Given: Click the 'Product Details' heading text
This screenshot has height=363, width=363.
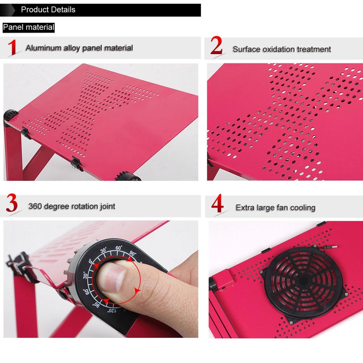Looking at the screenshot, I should click(48, 10).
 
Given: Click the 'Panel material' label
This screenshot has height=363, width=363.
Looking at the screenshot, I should click(28, 27).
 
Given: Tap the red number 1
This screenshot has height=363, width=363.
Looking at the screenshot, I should click(12, 48).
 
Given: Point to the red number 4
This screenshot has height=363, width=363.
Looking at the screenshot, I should click(217, 205).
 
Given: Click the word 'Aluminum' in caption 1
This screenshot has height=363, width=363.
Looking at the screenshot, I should click(44, 48).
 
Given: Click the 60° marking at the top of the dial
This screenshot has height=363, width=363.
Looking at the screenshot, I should click(119, 247).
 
